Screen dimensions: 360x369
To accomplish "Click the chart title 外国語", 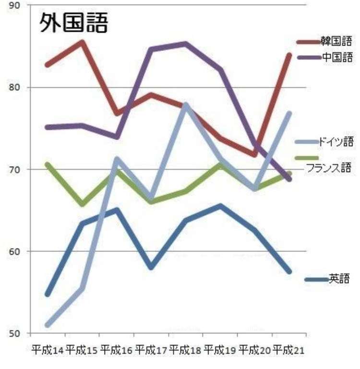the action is coord(73,23).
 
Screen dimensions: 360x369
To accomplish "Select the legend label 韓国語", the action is coord(336,41).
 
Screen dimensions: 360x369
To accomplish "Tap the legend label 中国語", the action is coord(337,57).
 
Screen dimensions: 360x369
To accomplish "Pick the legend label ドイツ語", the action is coord(336,142).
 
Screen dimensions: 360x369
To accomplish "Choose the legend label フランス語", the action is coord(328,168).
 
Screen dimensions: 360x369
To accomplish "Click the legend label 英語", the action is coord(339,279).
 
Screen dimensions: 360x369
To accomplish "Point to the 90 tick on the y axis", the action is coord(14,6).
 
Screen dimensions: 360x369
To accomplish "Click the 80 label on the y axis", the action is coord(14,87).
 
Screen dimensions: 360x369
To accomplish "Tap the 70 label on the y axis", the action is coord(14,170).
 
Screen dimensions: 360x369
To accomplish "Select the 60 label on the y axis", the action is coord(14,251).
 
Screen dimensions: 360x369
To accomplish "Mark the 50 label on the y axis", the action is coord(14,333).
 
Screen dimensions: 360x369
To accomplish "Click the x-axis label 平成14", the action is coord(48,350).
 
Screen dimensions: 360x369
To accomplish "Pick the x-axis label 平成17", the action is coord(151,350).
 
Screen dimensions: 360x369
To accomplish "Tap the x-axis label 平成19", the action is coord(220,350).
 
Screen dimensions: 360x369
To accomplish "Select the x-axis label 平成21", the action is coord(288,350).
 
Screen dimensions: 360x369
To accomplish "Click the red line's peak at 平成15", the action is coord(82,43).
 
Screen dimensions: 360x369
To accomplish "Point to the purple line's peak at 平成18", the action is coord(186,44).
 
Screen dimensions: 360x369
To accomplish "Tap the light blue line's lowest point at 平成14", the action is coord(48,325).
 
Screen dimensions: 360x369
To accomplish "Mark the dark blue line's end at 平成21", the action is coord(289,271).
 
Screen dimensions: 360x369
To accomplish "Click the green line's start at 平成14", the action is coord(48,164).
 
